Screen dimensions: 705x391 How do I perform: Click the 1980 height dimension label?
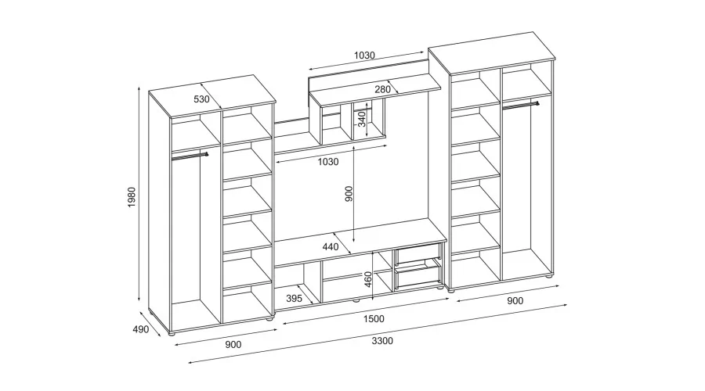tap(132, 197)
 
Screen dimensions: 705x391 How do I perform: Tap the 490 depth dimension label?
tap(141, 329)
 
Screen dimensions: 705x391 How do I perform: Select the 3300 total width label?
tap(382, 341)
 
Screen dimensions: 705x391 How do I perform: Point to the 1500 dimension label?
tap(374, 319)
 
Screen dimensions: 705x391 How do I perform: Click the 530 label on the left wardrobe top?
tap(201, 99)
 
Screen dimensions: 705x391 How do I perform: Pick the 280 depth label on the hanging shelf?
tap(382, 89)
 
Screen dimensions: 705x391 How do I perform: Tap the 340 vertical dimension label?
tap(362, 119)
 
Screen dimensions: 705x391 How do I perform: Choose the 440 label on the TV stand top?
tap(331, 246)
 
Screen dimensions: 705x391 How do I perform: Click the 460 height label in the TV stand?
tap(368, 279)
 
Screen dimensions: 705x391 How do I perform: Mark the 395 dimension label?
tap(294, 299)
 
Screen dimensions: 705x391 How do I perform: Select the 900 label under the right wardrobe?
tap(515, 301)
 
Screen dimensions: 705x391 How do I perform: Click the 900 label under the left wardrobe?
tap(233, 344)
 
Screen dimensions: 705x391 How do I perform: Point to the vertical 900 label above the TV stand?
tap(349, 193)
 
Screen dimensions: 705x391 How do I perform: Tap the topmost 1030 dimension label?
tap(364, 56)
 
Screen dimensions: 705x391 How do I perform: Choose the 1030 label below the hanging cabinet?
tap(328, 162)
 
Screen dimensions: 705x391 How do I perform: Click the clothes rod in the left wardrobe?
tap(190, 156)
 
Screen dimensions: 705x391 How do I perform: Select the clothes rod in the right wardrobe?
tap(521, 106)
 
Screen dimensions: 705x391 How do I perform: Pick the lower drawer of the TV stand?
tap(418, 275)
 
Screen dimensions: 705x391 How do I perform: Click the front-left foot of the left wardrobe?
tap(172, 335)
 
